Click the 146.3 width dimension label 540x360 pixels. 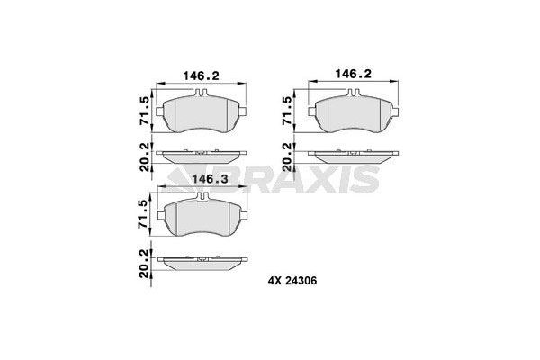[x=210, y=179]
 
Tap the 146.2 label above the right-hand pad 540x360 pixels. [x=354, y=74]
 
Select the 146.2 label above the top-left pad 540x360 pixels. [x=201, y=76]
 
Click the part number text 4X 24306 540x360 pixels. [x=292, y=281]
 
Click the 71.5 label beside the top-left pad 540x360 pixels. [x=145, y=110]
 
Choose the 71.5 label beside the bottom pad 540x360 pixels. [x=142, y=214]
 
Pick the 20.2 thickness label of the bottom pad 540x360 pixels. [x=144, y=264]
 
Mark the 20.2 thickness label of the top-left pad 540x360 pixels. [x=146, y=157]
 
